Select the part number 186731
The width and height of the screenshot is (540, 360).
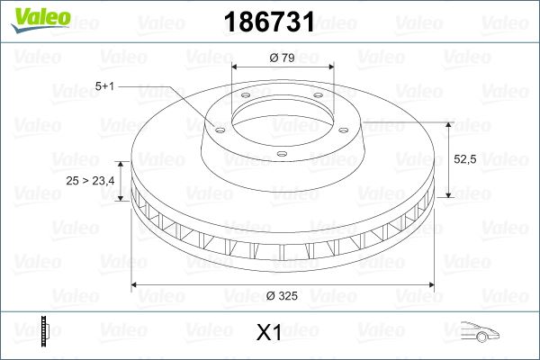[270, 22]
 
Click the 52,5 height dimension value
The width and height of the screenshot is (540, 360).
[464, 158]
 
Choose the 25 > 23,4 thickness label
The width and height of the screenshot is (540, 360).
[90, 181]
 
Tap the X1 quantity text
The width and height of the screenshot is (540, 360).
[269, 333]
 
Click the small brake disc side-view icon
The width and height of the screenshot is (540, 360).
[45, 332]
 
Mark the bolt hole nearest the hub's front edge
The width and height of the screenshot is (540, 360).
[281, 154]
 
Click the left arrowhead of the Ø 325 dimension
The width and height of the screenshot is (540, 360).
[136, 285]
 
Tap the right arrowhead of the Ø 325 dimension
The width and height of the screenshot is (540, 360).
[429, 285]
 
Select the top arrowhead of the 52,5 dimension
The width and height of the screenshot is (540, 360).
[446, 121]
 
